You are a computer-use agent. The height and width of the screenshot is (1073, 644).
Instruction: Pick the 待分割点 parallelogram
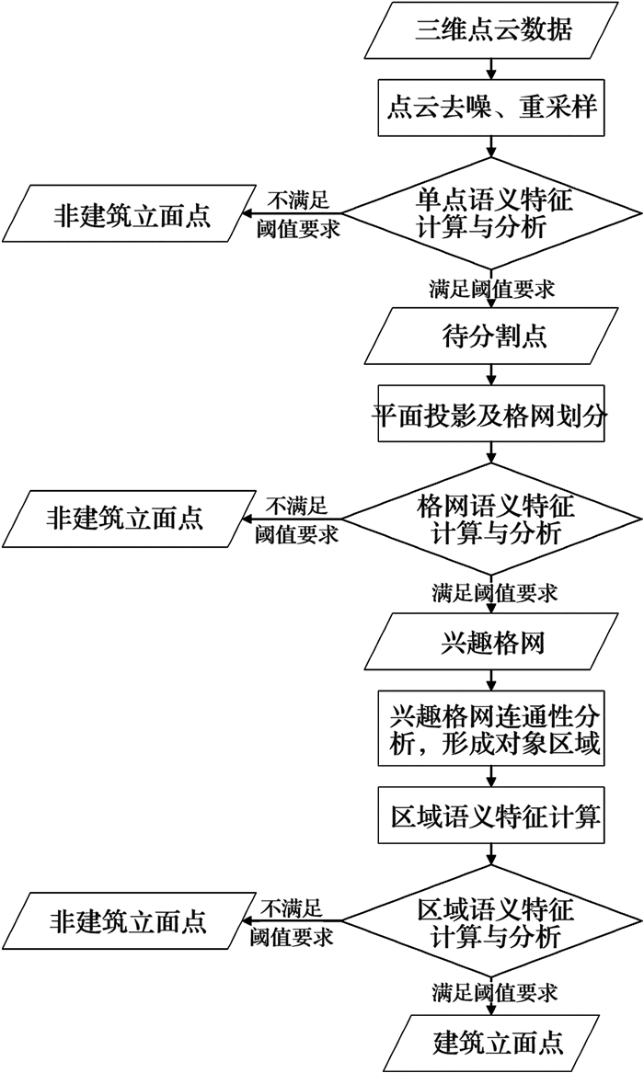point(493,335)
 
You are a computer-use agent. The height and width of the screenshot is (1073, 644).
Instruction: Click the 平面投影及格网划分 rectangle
point(493,416)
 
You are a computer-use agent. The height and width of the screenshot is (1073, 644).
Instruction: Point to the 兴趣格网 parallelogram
point(493,642)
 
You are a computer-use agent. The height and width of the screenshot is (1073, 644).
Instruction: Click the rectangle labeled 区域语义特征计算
point(493,816)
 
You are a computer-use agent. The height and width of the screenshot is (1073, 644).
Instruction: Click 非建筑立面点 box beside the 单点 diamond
point(129,215)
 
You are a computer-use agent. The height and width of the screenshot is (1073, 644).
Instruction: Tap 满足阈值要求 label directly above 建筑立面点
point(495,993)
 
